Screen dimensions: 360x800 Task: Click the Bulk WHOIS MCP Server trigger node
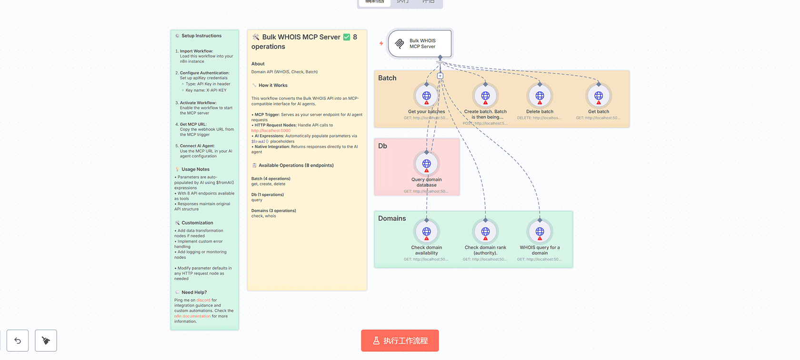[420, 44]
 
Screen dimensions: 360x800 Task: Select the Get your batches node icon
[427, 96]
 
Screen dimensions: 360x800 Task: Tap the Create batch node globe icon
[485, 96]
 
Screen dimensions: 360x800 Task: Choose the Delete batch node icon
[540, 96]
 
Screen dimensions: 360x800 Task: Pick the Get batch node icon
[599, 96]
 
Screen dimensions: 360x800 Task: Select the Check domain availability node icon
[427, 232]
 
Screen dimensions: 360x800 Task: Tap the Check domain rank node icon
[485, 232]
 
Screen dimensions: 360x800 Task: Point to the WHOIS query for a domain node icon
[540, 232]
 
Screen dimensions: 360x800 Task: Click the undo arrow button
[18, 340]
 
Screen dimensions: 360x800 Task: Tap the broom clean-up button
[46, 340]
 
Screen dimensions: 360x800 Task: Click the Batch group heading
[387, 78]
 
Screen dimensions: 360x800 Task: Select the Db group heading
[382, 146]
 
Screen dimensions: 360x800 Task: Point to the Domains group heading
[392, 219]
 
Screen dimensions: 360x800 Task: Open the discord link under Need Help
[203, 300]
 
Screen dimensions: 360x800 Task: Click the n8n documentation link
[192, 316]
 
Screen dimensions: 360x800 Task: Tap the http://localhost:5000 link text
[271, 130]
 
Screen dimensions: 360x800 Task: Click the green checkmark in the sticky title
[347, 37]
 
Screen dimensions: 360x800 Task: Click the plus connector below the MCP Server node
[440, 76]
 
